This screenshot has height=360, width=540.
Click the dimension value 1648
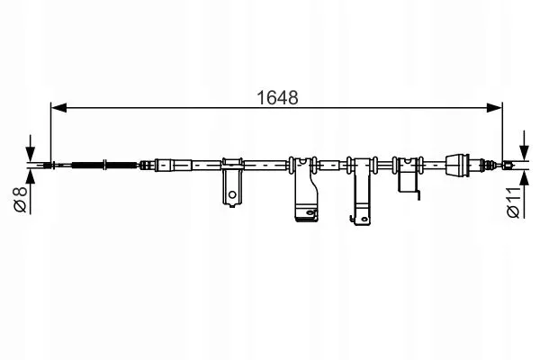point(277,98)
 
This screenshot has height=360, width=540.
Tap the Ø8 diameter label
point(21,199)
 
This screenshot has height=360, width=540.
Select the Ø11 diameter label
point(514,202)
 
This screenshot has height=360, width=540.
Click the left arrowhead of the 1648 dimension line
point(58,107)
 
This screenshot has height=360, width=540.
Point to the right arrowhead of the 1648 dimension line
point(494,107)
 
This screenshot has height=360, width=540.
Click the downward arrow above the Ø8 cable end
point(31,148)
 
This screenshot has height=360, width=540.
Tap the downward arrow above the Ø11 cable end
point(524,146)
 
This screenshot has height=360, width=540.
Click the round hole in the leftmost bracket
point(232,194)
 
